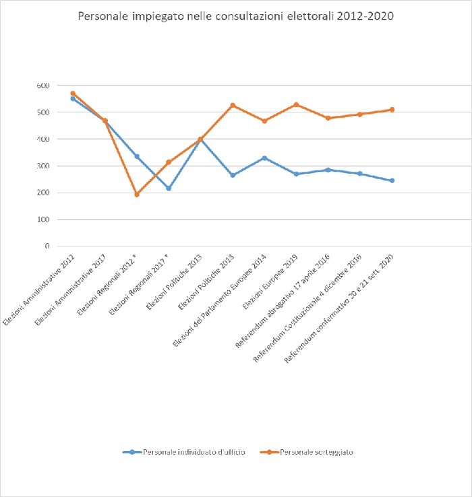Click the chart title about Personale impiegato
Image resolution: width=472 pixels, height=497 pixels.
(235, 15)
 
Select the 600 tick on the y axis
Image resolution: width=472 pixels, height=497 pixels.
(43, 86)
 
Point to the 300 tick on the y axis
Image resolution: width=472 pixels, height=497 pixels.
(43, 166)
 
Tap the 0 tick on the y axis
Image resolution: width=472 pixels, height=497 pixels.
(47, 246)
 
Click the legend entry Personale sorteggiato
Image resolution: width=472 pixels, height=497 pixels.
(316, 452)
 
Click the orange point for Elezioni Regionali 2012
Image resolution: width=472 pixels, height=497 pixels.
(137, 195)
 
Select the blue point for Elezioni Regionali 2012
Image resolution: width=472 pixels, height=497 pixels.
(137, 156)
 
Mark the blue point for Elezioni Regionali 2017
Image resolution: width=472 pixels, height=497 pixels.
(169, 188)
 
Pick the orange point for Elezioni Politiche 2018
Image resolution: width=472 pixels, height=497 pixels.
(233, 105)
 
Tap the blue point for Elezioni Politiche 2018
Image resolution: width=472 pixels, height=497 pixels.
(233, 175)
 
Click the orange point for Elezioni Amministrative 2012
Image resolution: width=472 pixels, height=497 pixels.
(73, 94)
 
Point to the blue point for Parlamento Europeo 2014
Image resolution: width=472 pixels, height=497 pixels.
(264, 158)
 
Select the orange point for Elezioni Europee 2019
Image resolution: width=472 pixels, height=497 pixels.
(296, 104)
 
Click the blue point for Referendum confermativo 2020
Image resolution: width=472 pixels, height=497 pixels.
(392, 180)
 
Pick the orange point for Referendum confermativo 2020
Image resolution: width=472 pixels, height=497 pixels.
(392, 109)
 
